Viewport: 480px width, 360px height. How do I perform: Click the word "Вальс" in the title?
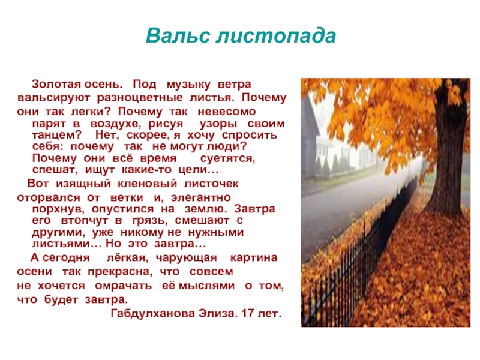coord(178,35)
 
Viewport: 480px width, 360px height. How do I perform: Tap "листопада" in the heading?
coord(276,36)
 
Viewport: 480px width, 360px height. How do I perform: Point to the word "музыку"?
coord(188,85)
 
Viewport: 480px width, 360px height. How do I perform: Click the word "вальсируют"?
coord(53,98)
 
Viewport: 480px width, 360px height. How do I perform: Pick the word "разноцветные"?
coord(140,98)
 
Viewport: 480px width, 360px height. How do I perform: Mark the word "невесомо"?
coord(227,112)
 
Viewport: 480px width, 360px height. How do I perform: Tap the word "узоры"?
coord(218,124)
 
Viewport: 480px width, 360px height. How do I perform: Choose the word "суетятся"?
coord(227,158)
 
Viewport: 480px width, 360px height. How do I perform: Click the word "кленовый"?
coord(147,184)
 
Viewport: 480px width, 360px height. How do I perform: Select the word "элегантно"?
coord(201,198)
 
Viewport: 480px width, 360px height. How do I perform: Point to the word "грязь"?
coord(150,221)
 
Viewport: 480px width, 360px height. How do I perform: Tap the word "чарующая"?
coord(186,258)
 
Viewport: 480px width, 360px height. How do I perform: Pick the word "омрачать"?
coord(124,286)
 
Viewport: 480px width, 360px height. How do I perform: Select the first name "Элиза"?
coord(218,313)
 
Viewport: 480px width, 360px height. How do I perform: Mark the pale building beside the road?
coord(310,138)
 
